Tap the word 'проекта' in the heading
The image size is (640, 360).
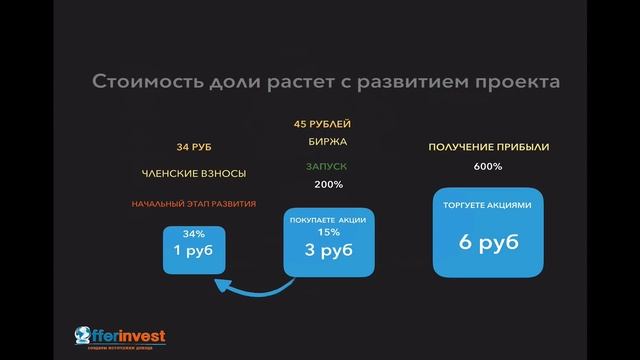(x=511, y=81)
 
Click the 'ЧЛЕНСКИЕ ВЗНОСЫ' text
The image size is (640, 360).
(x=194, y=173)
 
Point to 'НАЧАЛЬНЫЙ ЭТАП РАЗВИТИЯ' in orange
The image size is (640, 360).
(x=194, y=203)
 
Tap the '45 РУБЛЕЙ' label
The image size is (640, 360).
(x=322, y=125)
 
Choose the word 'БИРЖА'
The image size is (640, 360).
(x=322, y=142)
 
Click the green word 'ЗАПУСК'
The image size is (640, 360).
(x=326, y=166)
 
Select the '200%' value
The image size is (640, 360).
(x=328, y=184)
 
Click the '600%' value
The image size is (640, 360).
(x=488, y=166)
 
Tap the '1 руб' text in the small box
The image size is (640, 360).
(x=194, y=252)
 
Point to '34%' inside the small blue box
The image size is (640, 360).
(x=194, y=234)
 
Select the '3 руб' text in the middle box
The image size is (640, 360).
(x=328, y=250)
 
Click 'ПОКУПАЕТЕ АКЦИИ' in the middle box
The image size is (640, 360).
(x=328, y=219)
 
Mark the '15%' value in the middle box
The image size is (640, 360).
(x=328, y=232)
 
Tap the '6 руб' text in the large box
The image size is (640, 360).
(x=488, y=242)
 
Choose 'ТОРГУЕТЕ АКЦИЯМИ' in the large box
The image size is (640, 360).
(x=488, y=205)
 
